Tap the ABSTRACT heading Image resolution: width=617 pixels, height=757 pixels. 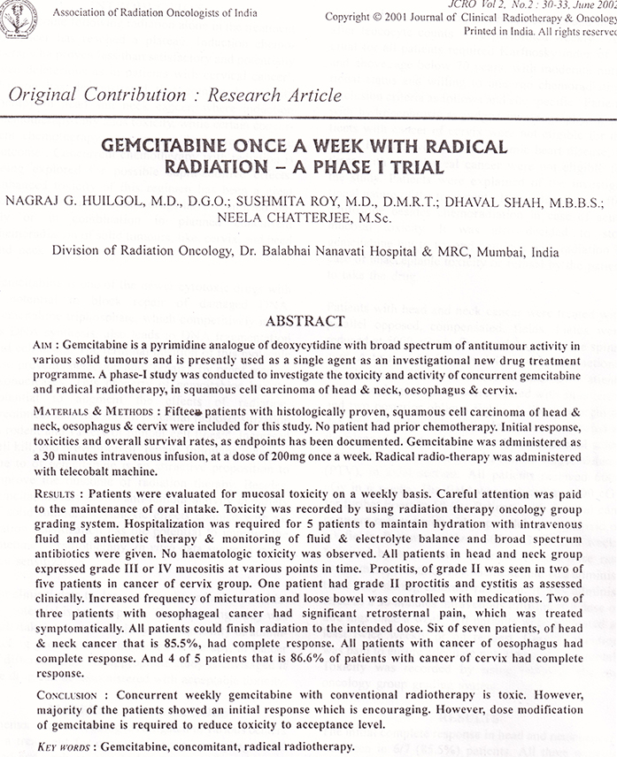305,320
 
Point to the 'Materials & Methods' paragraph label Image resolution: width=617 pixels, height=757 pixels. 94,411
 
